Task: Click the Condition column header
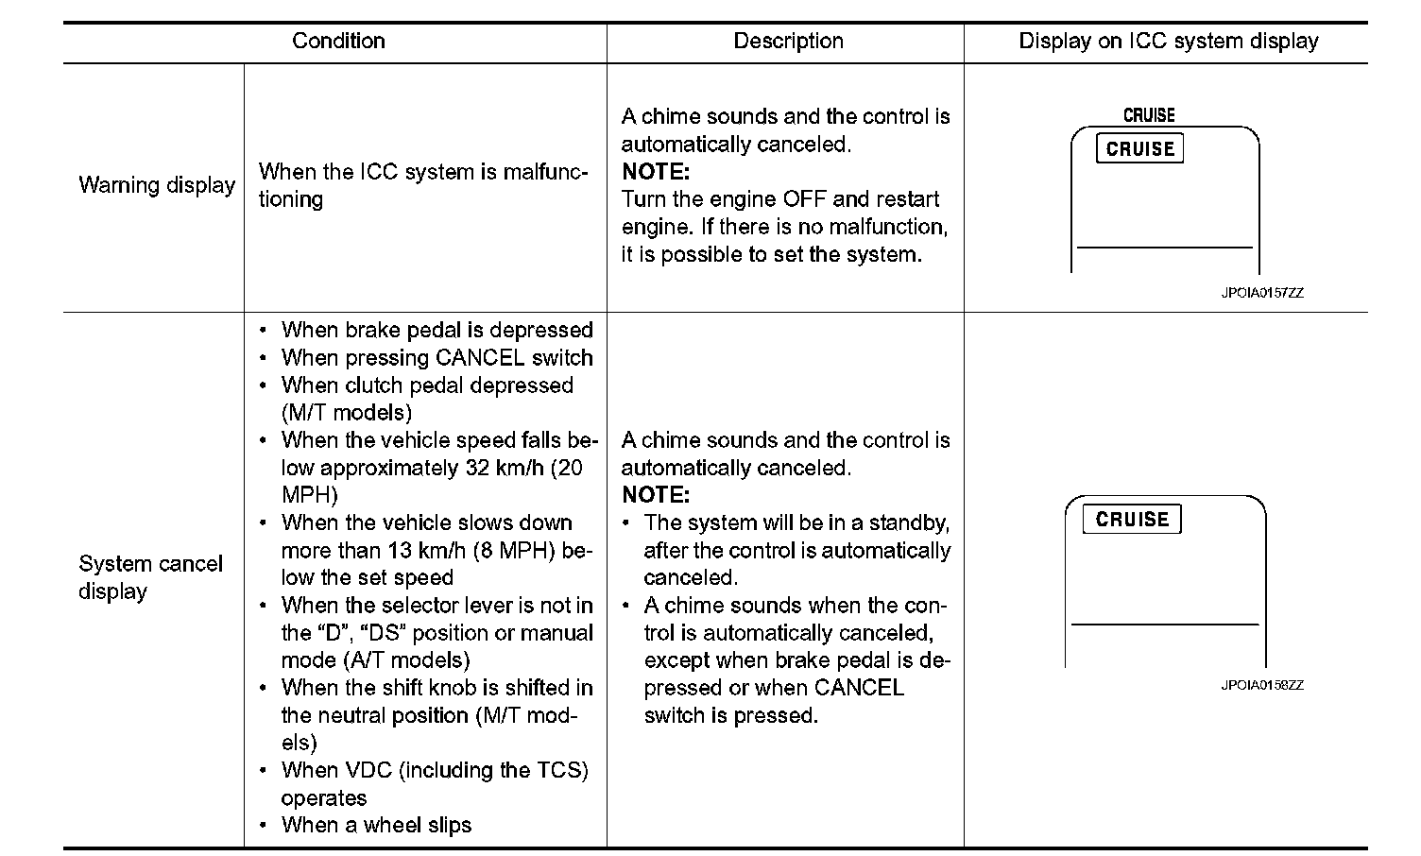338,42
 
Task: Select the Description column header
788,42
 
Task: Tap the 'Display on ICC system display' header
1168,42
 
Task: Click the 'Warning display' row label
157,185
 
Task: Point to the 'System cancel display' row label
150,577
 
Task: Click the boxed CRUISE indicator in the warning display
1139,149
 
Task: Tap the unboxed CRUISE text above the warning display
1149,115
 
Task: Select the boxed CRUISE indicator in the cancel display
1132,520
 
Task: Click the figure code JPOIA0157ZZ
1261,293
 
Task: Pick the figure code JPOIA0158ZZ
1261,685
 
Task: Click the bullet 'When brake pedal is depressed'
437,331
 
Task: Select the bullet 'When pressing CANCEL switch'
437,358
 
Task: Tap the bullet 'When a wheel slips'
376,826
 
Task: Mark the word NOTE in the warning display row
656,172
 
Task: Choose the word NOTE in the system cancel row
656,495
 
